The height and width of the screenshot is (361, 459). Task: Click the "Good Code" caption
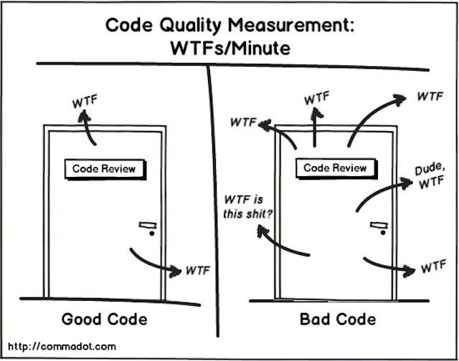click(105, 319)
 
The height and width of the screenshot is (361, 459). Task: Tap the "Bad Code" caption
click(338, 319)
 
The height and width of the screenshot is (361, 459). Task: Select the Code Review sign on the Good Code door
click(105, 169)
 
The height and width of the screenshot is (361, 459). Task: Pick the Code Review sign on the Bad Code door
click(336, 168)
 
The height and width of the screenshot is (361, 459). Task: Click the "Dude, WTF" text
click(430, 175)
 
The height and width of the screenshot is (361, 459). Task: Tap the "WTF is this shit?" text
click(247, 207)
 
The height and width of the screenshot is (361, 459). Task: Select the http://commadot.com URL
click(62, 347)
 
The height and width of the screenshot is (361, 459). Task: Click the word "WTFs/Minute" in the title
click(230, 48)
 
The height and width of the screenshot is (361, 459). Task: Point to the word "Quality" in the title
click(191, 26)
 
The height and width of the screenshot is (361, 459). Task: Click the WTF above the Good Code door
click(85, 101)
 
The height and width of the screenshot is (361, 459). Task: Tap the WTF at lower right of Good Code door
click(198, 271)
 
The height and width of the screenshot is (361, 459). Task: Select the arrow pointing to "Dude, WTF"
click(380, 191)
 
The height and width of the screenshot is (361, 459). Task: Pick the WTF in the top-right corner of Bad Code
click(430, 96)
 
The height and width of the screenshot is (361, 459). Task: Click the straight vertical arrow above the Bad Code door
click(315, 127)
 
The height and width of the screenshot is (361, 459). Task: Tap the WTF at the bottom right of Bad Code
click(433, 266)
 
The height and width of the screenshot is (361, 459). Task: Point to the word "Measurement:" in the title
click(291, 26)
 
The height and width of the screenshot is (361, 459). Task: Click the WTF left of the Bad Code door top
click(243, 122)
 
